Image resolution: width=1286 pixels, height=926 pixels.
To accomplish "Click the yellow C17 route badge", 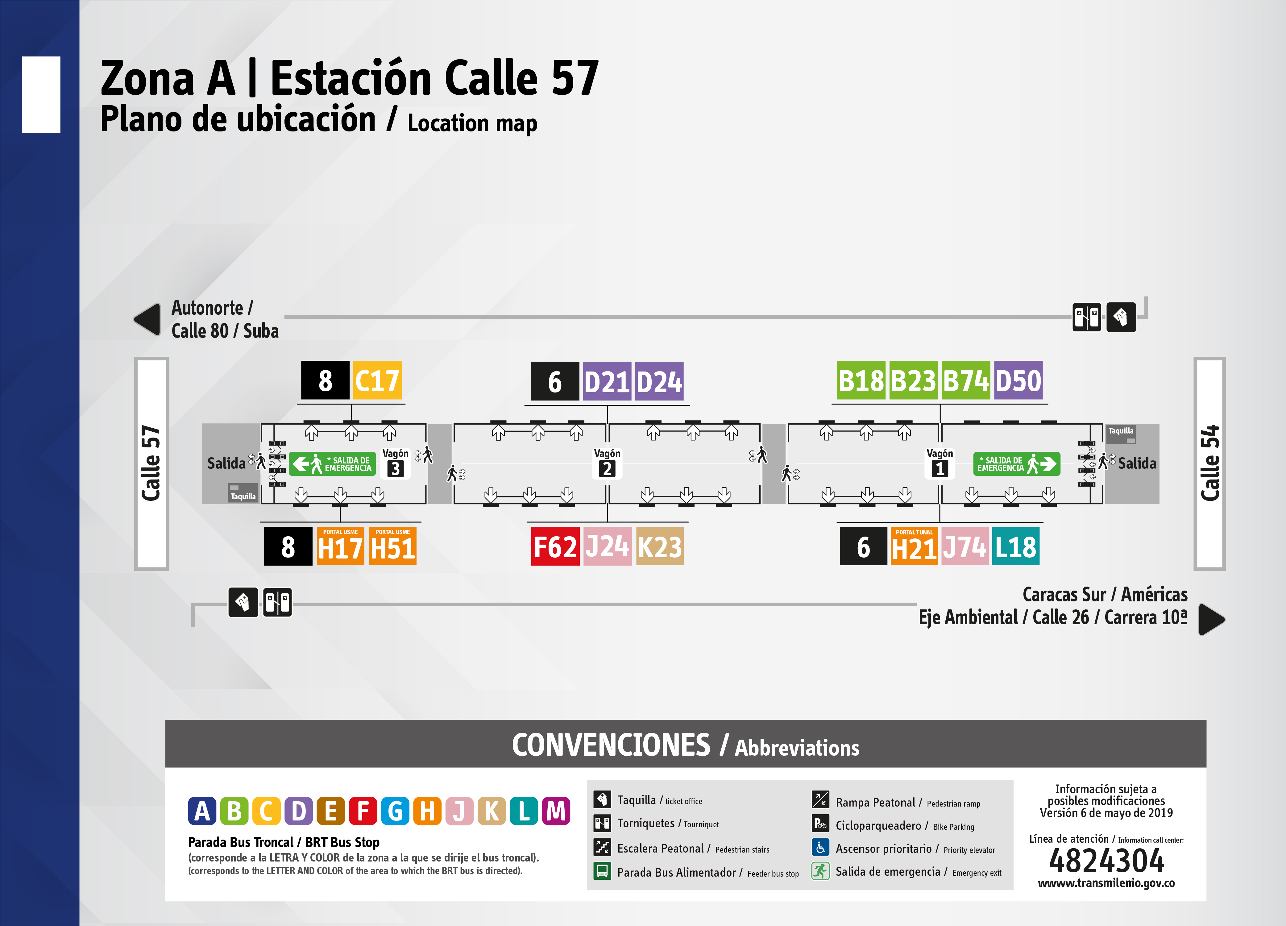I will [x=377, y=380].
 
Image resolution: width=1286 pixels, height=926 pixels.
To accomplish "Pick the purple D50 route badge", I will [x=1018, y=380].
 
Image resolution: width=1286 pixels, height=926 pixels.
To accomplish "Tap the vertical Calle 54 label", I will [x=1209, y=463].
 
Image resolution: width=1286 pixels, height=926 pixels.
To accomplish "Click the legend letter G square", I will [x=395, y=811].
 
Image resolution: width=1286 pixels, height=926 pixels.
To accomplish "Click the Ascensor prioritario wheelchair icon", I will [x=820, y=847].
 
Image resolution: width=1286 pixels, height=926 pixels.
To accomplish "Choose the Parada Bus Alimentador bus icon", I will [x=602, y=871].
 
